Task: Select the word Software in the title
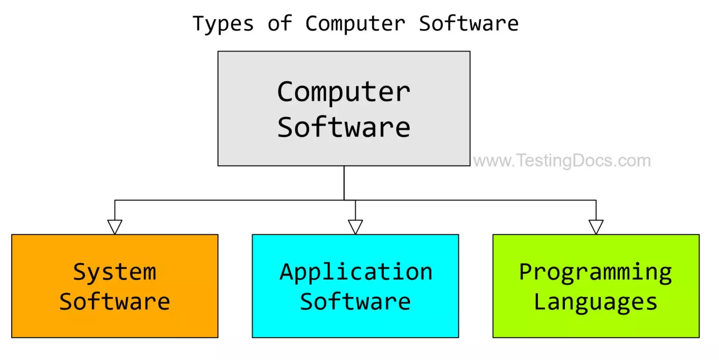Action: coord(469,23)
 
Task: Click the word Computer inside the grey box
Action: coord(344,92)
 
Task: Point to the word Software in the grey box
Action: coord(344,126)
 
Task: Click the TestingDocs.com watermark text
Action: coord(562,161)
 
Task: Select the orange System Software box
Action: coord(115,323)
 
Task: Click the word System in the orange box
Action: coord(115,272)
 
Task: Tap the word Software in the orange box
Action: coord(115,302)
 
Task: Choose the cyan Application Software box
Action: coord(355,323)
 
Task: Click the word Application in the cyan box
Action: coord(356,272)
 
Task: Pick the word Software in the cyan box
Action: coord(355,302)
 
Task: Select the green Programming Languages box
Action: coord(596,323)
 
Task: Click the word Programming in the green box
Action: coord(596,272)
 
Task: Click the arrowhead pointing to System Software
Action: coord(115,227)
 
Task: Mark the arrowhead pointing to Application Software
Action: coord(355,227)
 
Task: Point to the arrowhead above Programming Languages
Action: coord(596,227)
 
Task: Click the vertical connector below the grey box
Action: coord(344,183)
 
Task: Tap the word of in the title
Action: coord(279,23)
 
